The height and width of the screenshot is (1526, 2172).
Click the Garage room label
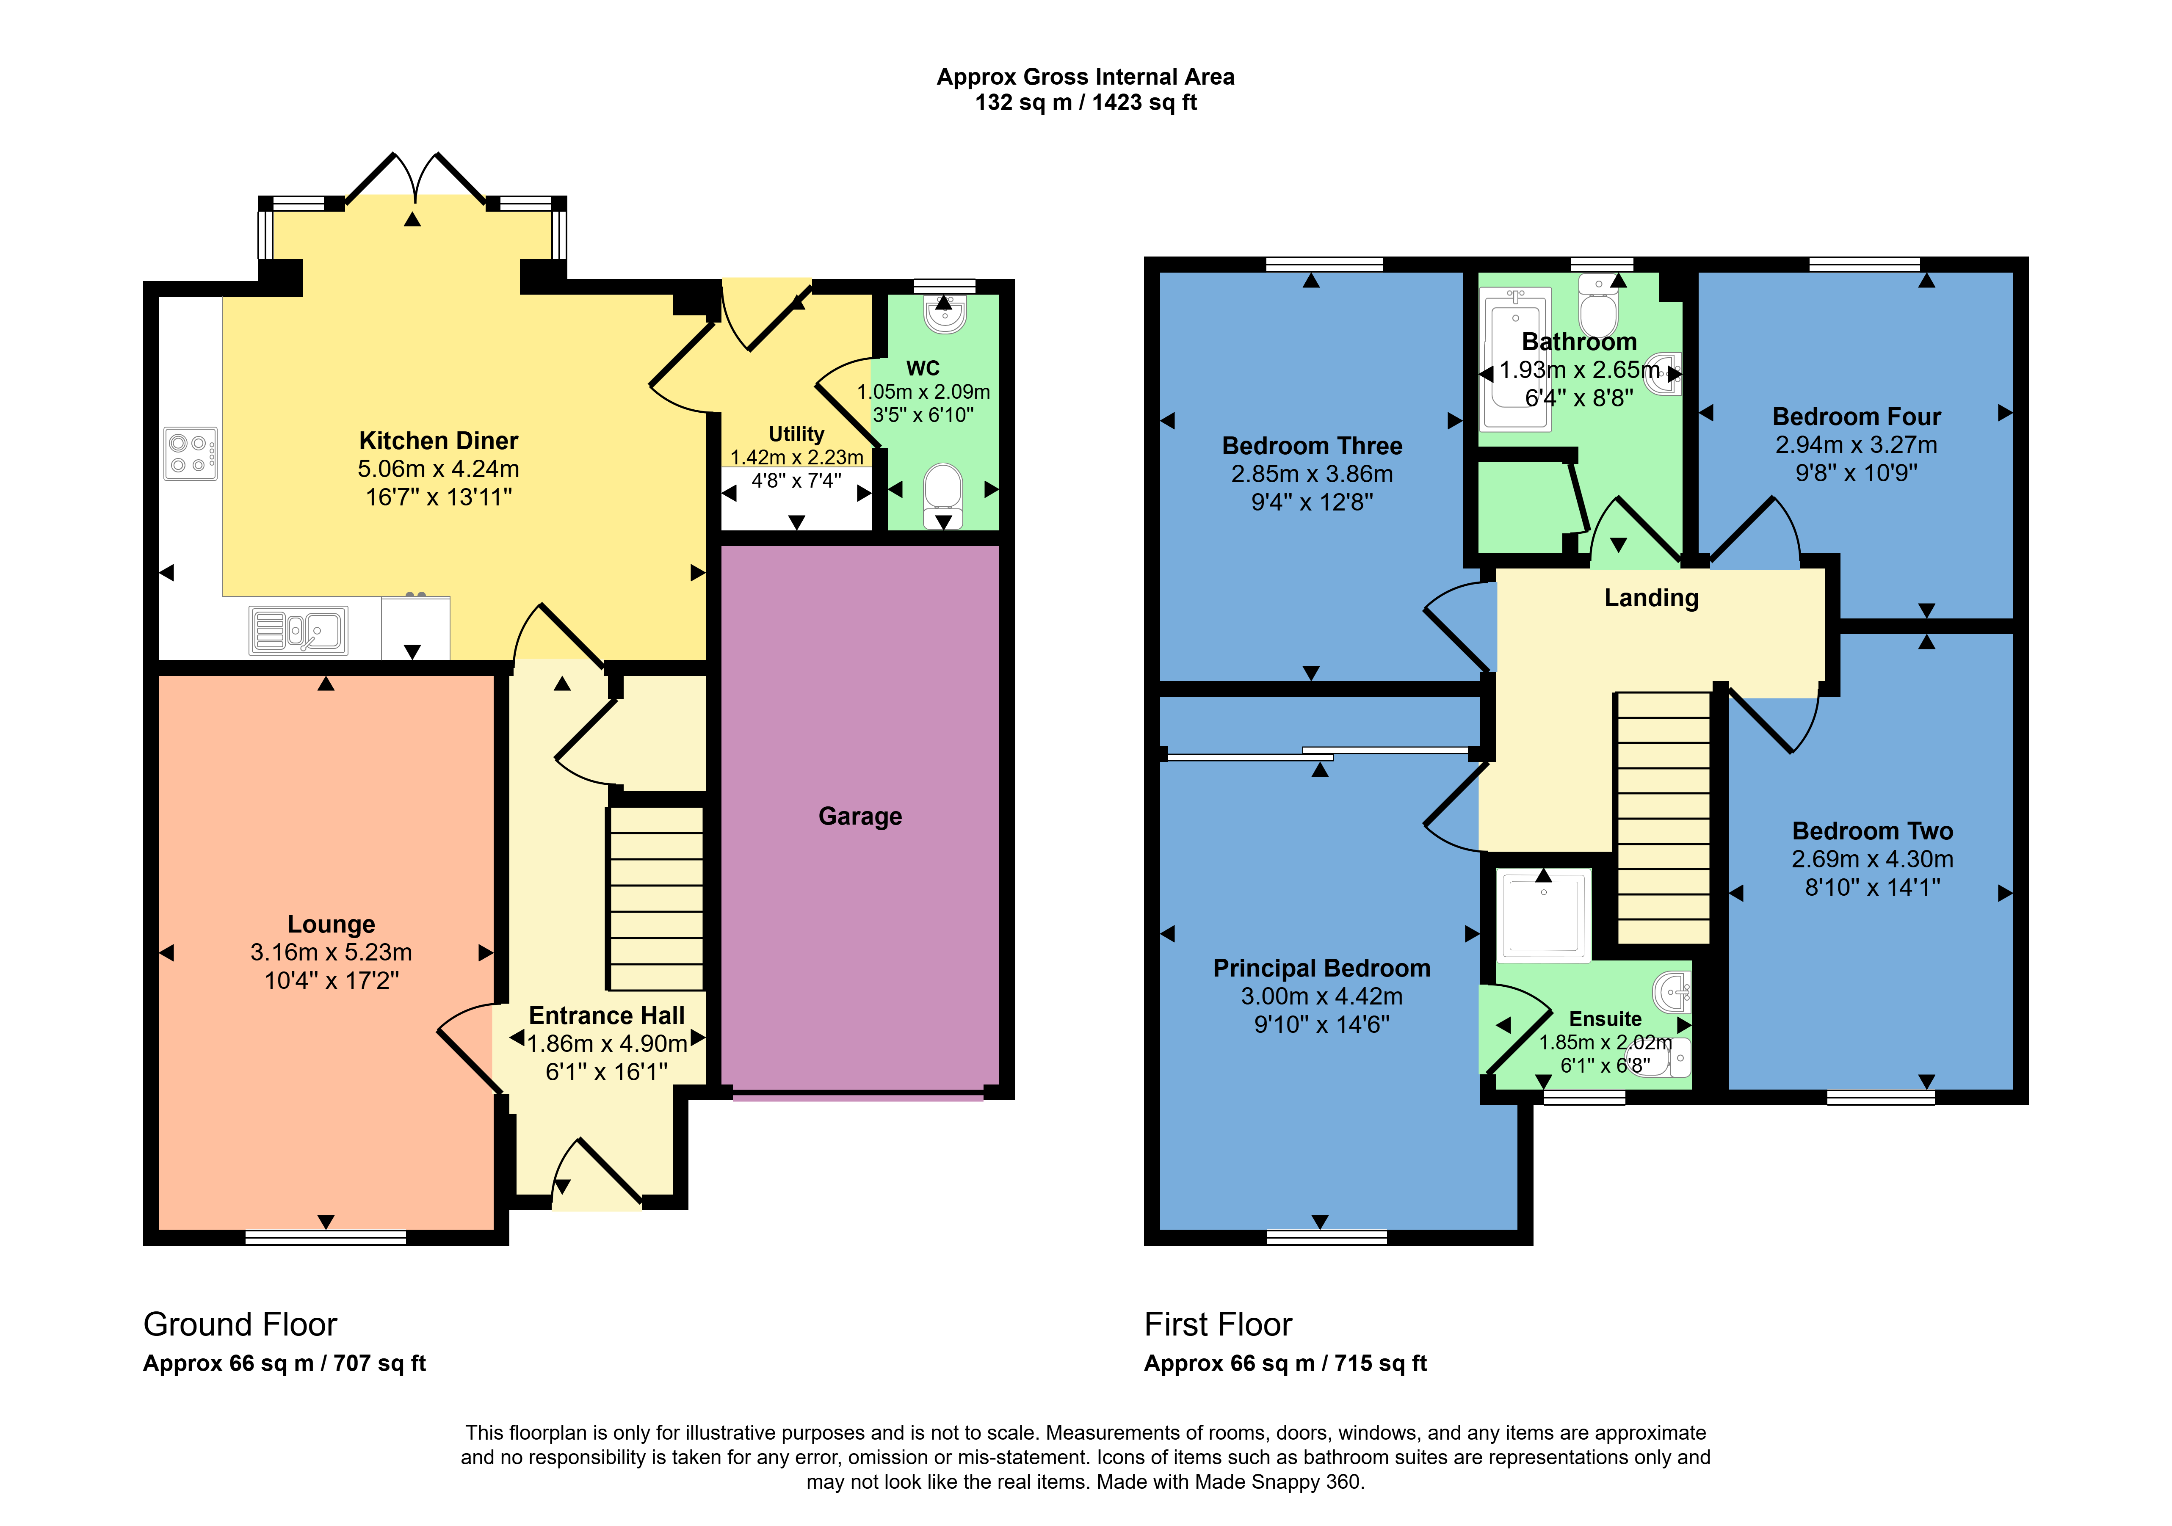point(860,817)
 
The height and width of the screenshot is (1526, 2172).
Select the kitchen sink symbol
point(298,630)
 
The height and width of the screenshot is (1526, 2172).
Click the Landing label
point(1652,598)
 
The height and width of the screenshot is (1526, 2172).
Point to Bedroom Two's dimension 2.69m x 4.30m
point(1872,859)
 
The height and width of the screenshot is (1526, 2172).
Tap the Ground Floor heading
point(240,1325)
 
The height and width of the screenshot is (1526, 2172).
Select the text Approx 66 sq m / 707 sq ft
point(285,1363)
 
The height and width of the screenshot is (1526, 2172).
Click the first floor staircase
point(1663,818)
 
